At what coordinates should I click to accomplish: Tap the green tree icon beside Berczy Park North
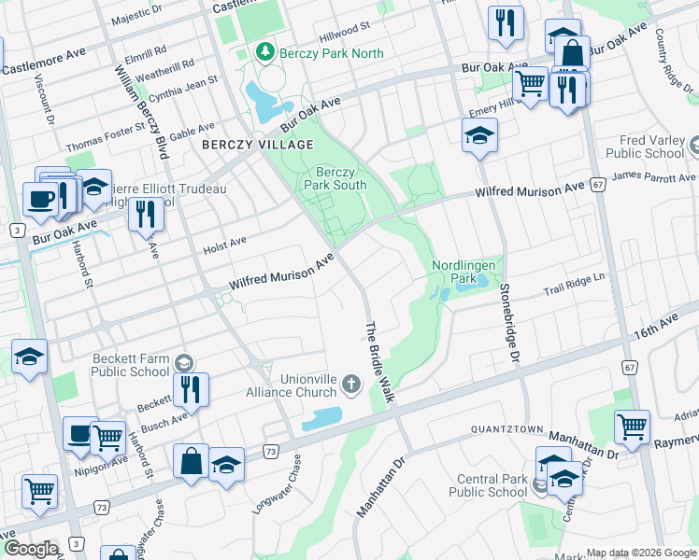point(264,53)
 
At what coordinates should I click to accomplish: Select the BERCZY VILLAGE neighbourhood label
point(244,145)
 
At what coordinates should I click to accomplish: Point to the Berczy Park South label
point(335,178)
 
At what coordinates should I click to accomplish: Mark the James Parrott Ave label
point(654,177)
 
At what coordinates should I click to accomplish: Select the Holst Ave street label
point(224,245)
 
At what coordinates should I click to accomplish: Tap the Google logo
point(30,549)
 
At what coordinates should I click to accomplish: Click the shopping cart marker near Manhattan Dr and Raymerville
point(632,426)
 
